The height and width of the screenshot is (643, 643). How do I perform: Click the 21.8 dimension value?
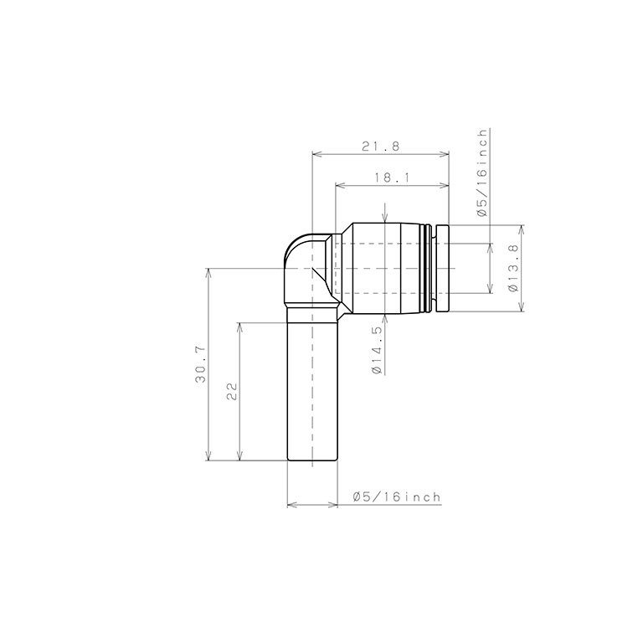[380, 147]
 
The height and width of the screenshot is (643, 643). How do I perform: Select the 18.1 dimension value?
[392, 177]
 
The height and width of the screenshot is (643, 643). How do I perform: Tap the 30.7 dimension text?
[201, 364]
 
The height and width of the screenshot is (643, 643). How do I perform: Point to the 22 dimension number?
[232, 391]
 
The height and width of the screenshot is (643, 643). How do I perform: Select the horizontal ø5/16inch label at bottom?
[397, 497]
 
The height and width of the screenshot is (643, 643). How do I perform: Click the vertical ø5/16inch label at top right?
[482, 172]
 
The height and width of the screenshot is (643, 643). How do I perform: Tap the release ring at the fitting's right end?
[443, 268]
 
